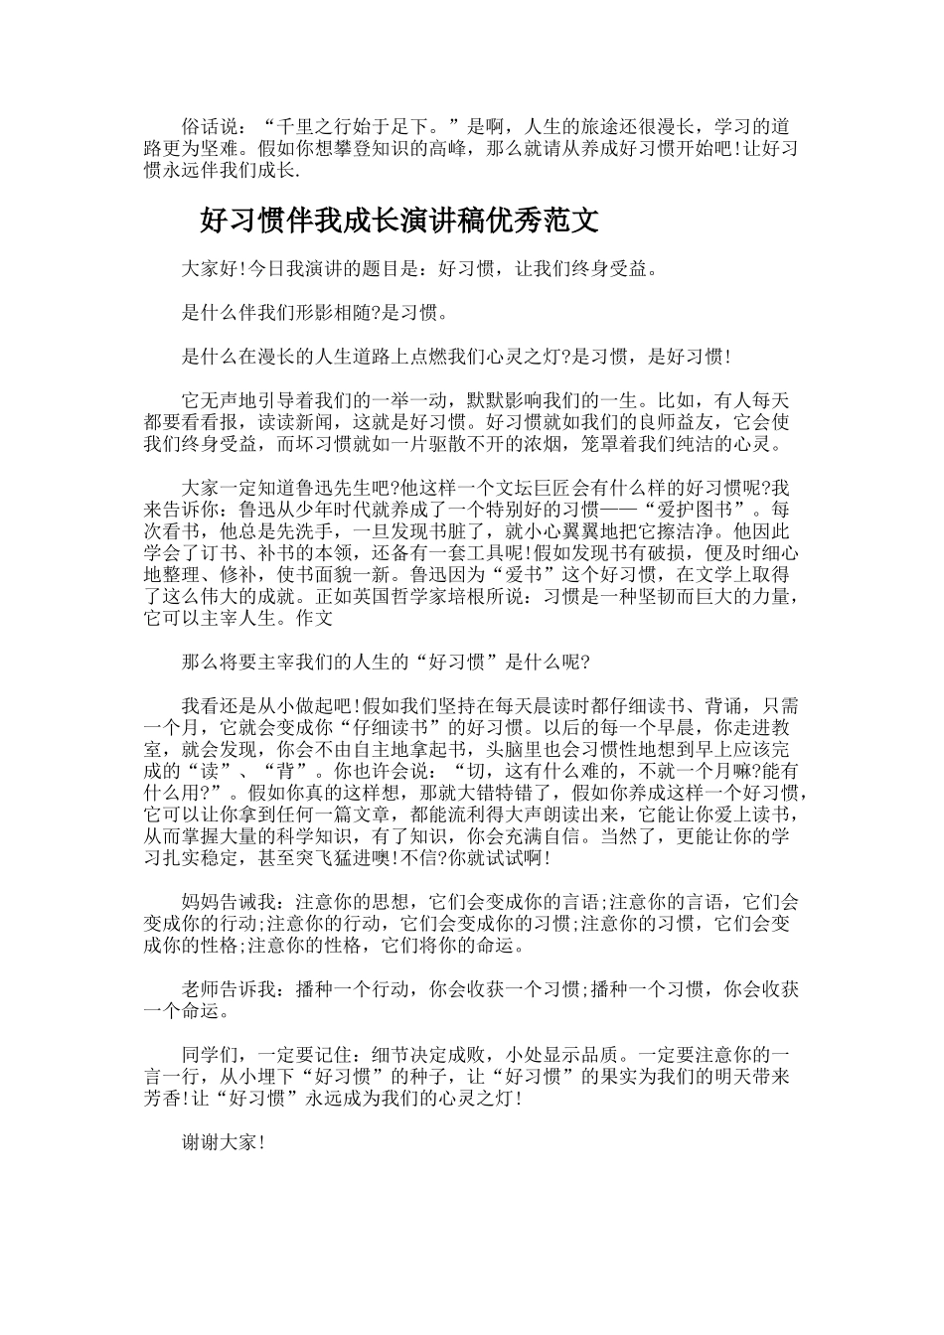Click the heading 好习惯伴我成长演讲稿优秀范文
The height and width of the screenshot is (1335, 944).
tap(399, 220)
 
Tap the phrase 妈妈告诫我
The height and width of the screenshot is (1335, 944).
tap(226, 903)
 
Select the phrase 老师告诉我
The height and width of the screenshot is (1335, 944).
tap(226, 990)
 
